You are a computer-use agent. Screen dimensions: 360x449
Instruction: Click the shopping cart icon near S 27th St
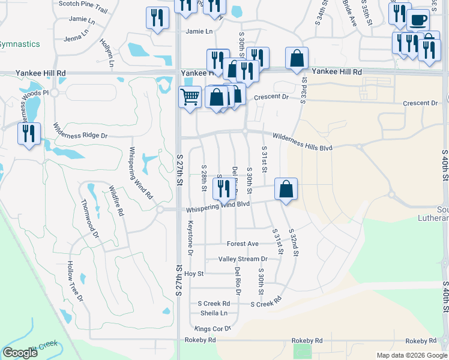[x=190, y=96]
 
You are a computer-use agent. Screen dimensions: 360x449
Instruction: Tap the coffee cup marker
[x=418, y=20]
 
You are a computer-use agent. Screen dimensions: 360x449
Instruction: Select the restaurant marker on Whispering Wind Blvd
[x=223, y=189]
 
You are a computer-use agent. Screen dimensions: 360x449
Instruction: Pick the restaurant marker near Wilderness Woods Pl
[x=29, y=133]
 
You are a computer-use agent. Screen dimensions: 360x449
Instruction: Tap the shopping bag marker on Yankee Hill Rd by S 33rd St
[x=297, y=58]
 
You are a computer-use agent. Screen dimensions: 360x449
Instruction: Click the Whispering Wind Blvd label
[x=217, y=205]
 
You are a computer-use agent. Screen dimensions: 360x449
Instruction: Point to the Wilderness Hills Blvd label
[x=302, y=142]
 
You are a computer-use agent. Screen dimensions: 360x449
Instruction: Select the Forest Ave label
[x=243, y=244]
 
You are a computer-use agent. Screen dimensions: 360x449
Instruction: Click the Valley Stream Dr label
[x=243, y=259]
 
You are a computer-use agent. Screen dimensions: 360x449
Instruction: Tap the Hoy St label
[x=194, y=274]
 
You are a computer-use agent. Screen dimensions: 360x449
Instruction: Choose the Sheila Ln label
[x=214, y=313]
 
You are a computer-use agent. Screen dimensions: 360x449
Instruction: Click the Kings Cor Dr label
[x=213, y=329]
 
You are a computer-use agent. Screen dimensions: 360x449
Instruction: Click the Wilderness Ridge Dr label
[x=80, y=131]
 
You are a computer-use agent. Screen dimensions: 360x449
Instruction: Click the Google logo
[x=20, y=353]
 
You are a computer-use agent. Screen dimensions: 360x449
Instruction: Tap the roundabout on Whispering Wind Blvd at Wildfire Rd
[x=160, y=209]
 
